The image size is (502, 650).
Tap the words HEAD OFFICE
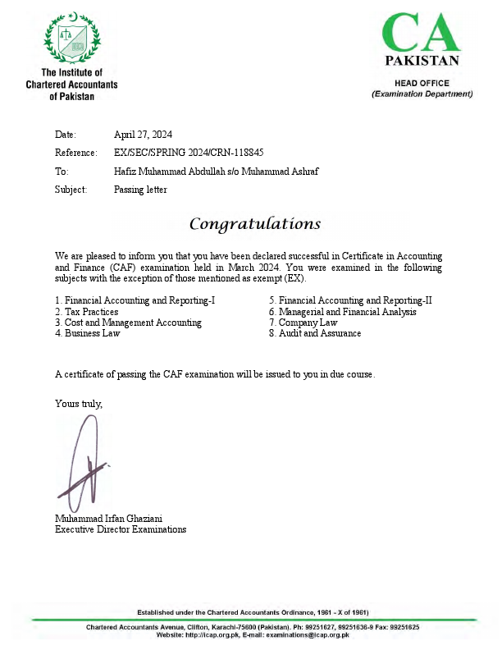click(422, 84)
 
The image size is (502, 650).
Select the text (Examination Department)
click(422, 94)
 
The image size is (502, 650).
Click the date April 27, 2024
click(143, 135)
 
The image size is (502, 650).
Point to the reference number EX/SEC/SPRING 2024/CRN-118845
click(189, 153)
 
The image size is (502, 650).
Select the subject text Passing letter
click(140, 190)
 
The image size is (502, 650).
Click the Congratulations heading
click(254, 224)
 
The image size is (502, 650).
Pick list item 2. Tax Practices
click(87, 312)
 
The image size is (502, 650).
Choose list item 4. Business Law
click(88, 333)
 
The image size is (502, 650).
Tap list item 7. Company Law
click(303, 323)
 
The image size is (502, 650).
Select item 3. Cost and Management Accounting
click(128, 323)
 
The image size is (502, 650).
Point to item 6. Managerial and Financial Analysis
click(343, 312)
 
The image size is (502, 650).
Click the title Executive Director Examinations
click(121, 529)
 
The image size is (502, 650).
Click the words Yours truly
click(79, 403)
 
